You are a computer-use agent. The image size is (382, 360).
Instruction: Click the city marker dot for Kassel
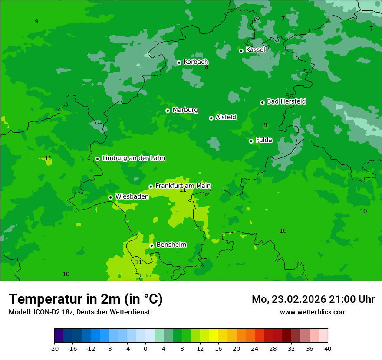(x=241, y=51)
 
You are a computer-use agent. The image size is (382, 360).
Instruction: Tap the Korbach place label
(x=196, y=62)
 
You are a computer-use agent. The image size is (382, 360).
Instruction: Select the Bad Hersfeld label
(x=286, y=101)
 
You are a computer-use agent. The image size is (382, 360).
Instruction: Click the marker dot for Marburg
(x=168, y=111)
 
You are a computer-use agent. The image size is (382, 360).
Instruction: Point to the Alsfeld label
(x=226, y=117)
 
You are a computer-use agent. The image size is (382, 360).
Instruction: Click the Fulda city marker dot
(x=251, y=141)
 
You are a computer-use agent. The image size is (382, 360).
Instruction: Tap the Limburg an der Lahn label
(x=133, y=158)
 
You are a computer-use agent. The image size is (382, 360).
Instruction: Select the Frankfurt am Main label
(x=183, y=186)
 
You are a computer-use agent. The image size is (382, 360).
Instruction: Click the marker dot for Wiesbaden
(x=110, y=197)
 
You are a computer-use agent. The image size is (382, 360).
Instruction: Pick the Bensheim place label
(x=171, y=245)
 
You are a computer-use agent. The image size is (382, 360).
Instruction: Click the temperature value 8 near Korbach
(x=207, y=67)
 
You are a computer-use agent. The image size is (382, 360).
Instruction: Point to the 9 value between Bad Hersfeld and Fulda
(x=265, y=125)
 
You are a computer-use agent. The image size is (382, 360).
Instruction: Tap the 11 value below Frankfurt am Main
(x=183, y=190)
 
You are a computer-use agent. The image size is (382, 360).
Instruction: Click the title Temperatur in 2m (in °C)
(x=86, y=299)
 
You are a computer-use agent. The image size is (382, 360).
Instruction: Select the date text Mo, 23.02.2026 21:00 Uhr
(x=313, y=299)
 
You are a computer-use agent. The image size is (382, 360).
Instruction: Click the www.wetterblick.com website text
(x=313, y=312)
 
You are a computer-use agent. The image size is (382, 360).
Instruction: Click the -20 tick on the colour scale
(x=54, y=349)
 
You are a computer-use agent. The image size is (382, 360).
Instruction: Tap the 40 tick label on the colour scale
(x=328, y=349)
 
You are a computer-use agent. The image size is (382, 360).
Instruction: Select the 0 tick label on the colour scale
(x=145, y=349)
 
